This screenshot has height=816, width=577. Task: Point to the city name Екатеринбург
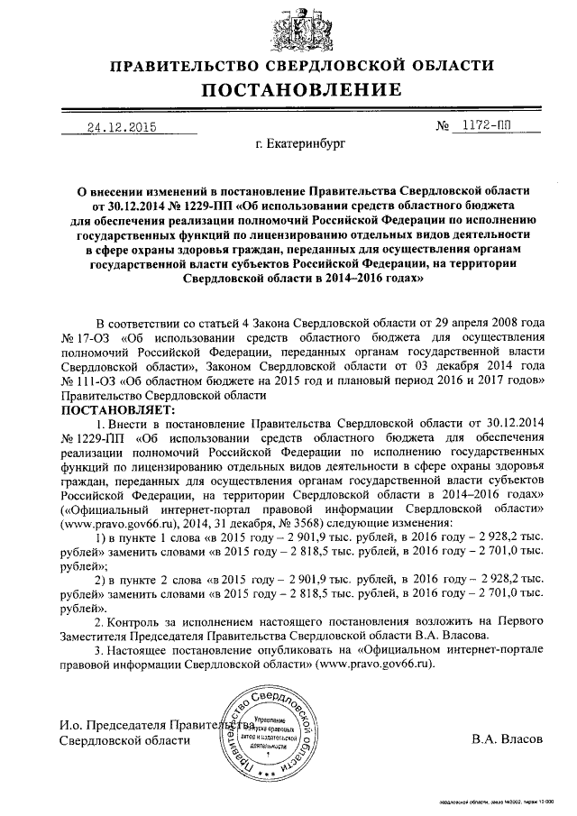tap(288, 142)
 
